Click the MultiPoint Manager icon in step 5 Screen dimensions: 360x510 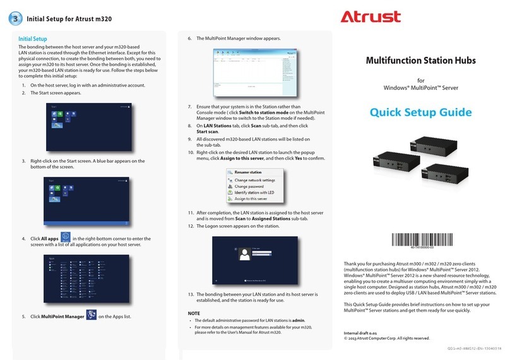90,315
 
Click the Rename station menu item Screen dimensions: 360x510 248,172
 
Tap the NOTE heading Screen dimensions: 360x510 194,313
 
